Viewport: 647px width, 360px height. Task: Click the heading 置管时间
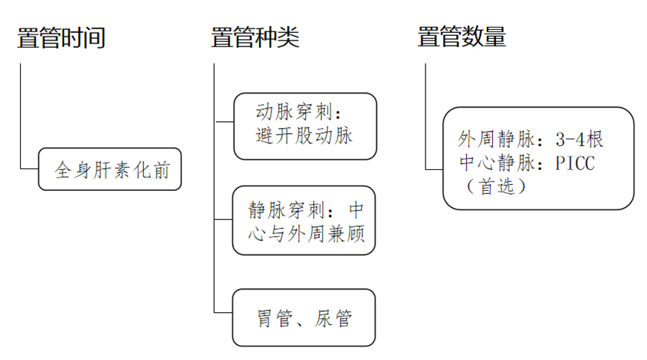tap(61, 37)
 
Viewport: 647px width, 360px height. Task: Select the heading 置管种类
tap(255, 37)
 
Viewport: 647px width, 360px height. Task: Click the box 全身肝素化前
tap(110, 169)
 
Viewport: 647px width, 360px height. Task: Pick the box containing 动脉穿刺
tap(304, 126)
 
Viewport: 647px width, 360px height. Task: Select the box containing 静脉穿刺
tap(304, 219)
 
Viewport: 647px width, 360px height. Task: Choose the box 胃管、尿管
tap(304, 317)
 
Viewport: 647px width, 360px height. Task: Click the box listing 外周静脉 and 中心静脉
tap(528, 159)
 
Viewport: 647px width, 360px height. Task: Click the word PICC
tap(575, 162)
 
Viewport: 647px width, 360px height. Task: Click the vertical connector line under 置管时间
tap(20, 112)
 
